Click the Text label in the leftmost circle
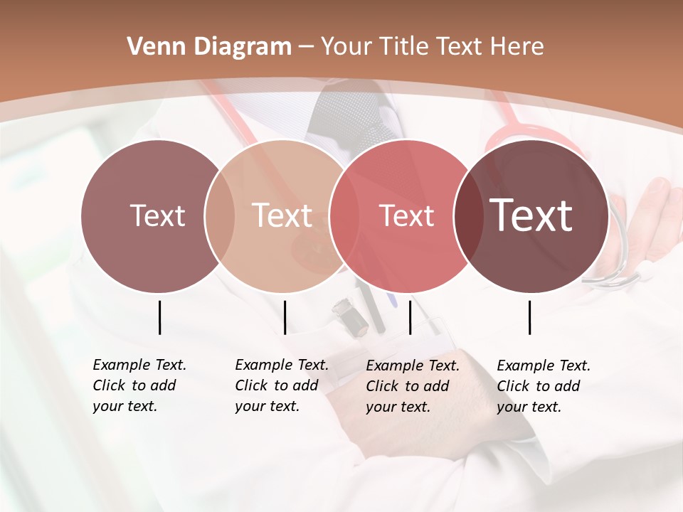[157, 215]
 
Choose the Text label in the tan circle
[282, 215]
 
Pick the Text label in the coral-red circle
[406, 215]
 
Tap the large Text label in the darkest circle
[531, 215]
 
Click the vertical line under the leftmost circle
[159, 317]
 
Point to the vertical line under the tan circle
[285, 317]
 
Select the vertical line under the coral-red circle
[410, 317]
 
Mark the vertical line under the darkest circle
[529, 317]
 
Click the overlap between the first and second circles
[220, 215]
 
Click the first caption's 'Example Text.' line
[139, 365]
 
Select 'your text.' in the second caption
[267, 406]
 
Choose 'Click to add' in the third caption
[407, 386]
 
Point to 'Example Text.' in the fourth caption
[544, 366]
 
